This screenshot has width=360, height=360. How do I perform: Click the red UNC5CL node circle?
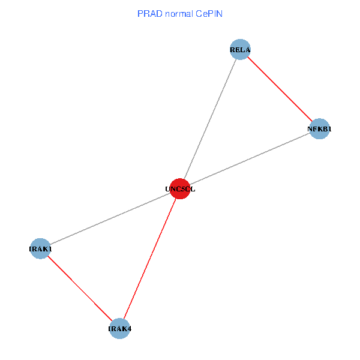tap(180, 188)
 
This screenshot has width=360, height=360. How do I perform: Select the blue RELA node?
tap(240, 49)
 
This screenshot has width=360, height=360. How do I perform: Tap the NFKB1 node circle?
tap(320, 128)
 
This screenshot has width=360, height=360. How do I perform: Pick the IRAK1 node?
tap(40, 248)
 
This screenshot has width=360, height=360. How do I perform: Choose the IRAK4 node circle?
tap(120, 328)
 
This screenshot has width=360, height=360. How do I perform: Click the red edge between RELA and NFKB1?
tap(280, 89)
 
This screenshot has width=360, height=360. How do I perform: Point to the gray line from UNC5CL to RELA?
tap(210, 119)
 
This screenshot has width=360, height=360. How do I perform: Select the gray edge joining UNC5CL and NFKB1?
tap(250, 158)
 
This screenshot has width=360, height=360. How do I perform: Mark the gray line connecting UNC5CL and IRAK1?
tap(110, 218)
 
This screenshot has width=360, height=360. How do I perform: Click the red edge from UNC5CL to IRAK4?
tap(150, 258)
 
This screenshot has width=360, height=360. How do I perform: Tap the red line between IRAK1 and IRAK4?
tap(80, 288)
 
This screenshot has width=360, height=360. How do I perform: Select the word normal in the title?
tap(178, 13)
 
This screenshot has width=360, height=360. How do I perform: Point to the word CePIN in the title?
tap(208, 13)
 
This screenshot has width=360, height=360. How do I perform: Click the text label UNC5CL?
tap(180, 189)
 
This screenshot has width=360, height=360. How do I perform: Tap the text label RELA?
tap(240, 49)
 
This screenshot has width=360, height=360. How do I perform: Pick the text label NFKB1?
tap(320, 129)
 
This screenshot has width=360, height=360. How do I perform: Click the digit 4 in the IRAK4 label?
tap(129, 329)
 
